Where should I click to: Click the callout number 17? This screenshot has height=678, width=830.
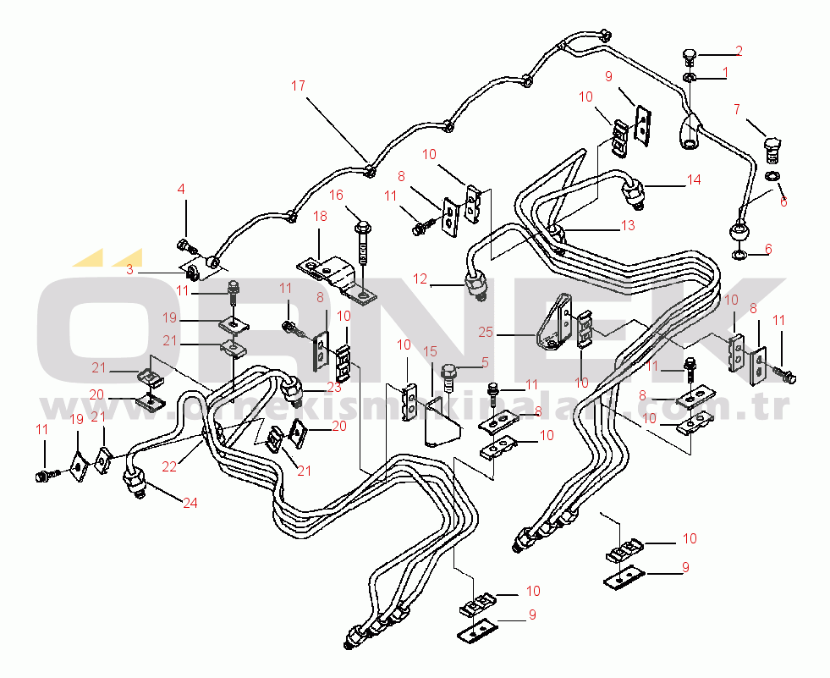(298, 85)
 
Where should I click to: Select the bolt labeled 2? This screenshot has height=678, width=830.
(689, 58)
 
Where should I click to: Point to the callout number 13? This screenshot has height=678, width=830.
(628, 225)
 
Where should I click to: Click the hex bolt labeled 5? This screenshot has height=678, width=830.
(449, 372)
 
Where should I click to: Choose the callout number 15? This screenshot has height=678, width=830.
(431, 351)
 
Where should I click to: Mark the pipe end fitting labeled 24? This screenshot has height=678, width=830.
(135, 484)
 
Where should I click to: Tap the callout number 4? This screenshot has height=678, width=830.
(180, 189)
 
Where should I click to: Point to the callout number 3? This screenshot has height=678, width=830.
(129, 269)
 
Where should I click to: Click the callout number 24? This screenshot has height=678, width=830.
(190, 503)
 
